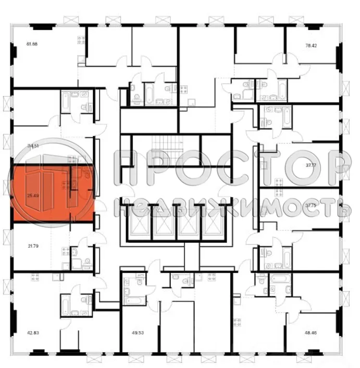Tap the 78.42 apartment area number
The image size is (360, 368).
(311, 45)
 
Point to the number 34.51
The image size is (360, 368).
(33, 146)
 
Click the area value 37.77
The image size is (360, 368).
(311, 165)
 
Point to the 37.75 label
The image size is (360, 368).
(311, 205)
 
